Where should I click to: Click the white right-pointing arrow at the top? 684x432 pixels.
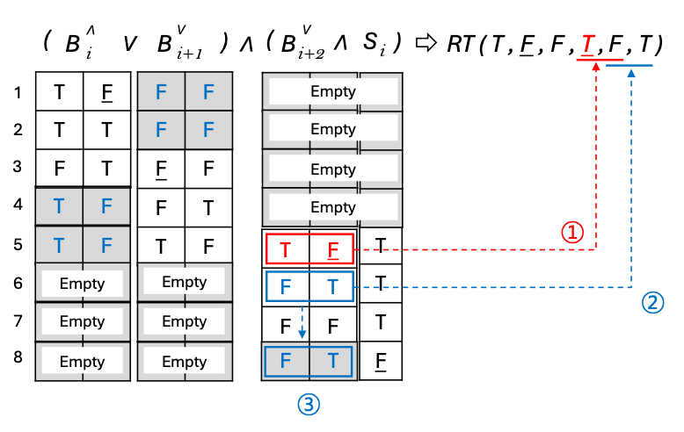pyautogui.click(x=426, y=42)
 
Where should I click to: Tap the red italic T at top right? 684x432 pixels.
pyautogui.click(x=587, y=45)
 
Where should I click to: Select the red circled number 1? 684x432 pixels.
pyautogui.click(x=572, y=232)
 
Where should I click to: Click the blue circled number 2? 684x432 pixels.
pyautogui.click(x=652, y=303)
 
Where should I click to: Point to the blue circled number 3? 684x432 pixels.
pyautogui.click(x=308, y=404)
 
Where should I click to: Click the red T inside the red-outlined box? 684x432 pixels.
pyautogui.click(x=286, y=249)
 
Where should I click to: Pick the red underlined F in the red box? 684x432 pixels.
pyautogui.click(x=333, y=249)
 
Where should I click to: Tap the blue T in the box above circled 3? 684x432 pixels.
pyautogui.click(x=332, y=362)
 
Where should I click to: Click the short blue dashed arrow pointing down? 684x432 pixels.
pyautogui.click(x=302, y=322)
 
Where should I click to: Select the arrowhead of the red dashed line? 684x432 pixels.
pyautogui.click(x=597, y=66)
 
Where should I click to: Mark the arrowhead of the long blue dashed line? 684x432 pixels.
pyautogui.click(x=631, y=72)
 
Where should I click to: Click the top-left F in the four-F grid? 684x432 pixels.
pyautogui.click(x=161, y=91)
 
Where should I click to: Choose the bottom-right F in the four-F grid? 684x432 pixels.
pyautogui.click(x=208, y=130)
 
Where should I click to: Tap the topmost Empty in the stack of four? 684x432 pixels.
pyautogui.click(x=332, y=91)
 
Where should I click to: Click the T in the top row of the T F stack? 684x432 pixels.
pyautogui.click(x=59, y=206)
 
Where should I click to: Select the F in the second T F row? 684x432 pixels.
pyautogui.click(x=106, y=244)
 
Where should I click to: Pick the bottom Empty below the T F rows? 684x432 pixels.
pyautogui.click(x=82, y=361)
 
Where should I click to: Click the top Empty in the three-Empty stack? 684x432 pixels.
pyautogui.click(x=184, y=282)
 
